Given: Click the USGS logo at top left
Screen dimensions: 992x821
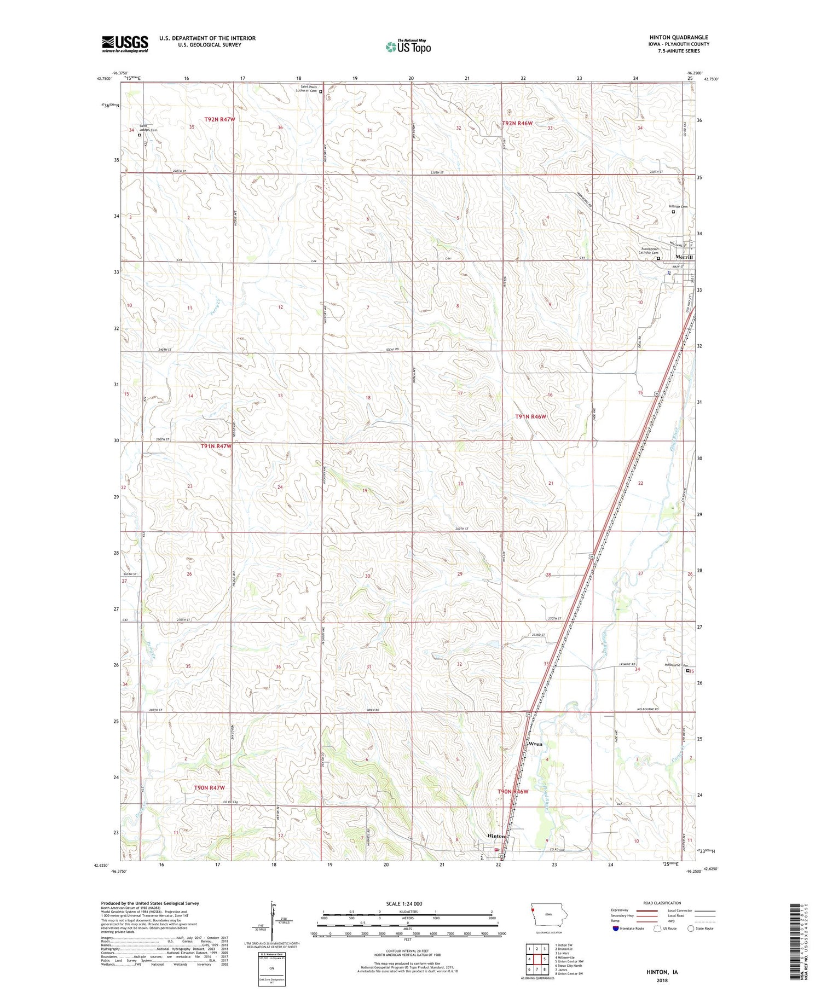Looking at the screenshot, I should pos(125,44).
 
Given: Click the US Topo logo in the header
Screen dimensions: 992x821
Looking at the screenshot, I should pos(408,47).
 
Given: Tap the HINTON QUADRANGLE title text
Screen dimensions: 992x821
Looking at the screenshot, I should pos(678,38).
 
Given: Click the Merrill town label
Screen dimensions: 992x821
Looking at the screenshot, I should pos(684,257).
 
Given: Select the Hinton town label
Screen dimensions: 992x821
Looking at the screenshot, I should pos(496,836).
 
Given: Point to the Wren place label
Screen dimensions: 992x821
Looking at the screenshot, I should pos(535,744).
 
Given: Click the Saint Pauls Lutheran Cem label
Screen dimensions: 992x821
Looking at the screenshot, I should pos(306,89).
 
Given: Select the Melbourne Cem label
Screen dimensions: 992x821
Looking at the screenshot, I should pos(675,665).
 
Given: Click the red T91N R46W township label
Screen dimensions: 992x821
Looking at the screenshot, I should pos(530,416).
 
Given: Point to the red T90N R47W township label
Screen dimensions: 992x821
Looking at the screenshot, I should pos(209,787).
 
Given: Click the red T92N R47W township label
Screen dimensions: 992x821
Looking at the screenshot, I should pos(219,119).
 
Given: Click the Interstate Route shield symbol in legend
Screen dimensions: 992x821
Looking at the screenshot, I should pos(615,929).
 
